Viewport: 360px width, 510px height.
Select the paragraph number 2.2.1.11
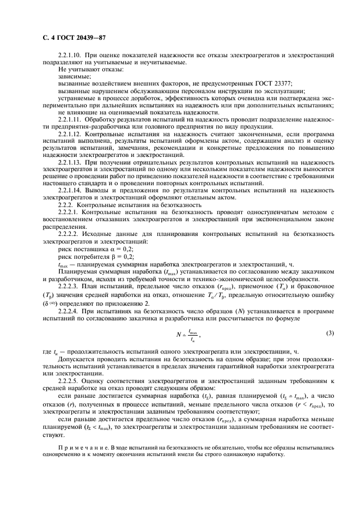pos(69,118)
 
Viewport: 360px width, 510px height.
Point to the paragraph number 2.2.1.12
pos(69,133)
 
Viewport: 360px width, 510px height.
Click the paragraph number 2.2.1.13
pos(69,163)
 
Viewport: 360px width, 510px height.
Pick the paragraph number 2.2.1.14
pos(69,191)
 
